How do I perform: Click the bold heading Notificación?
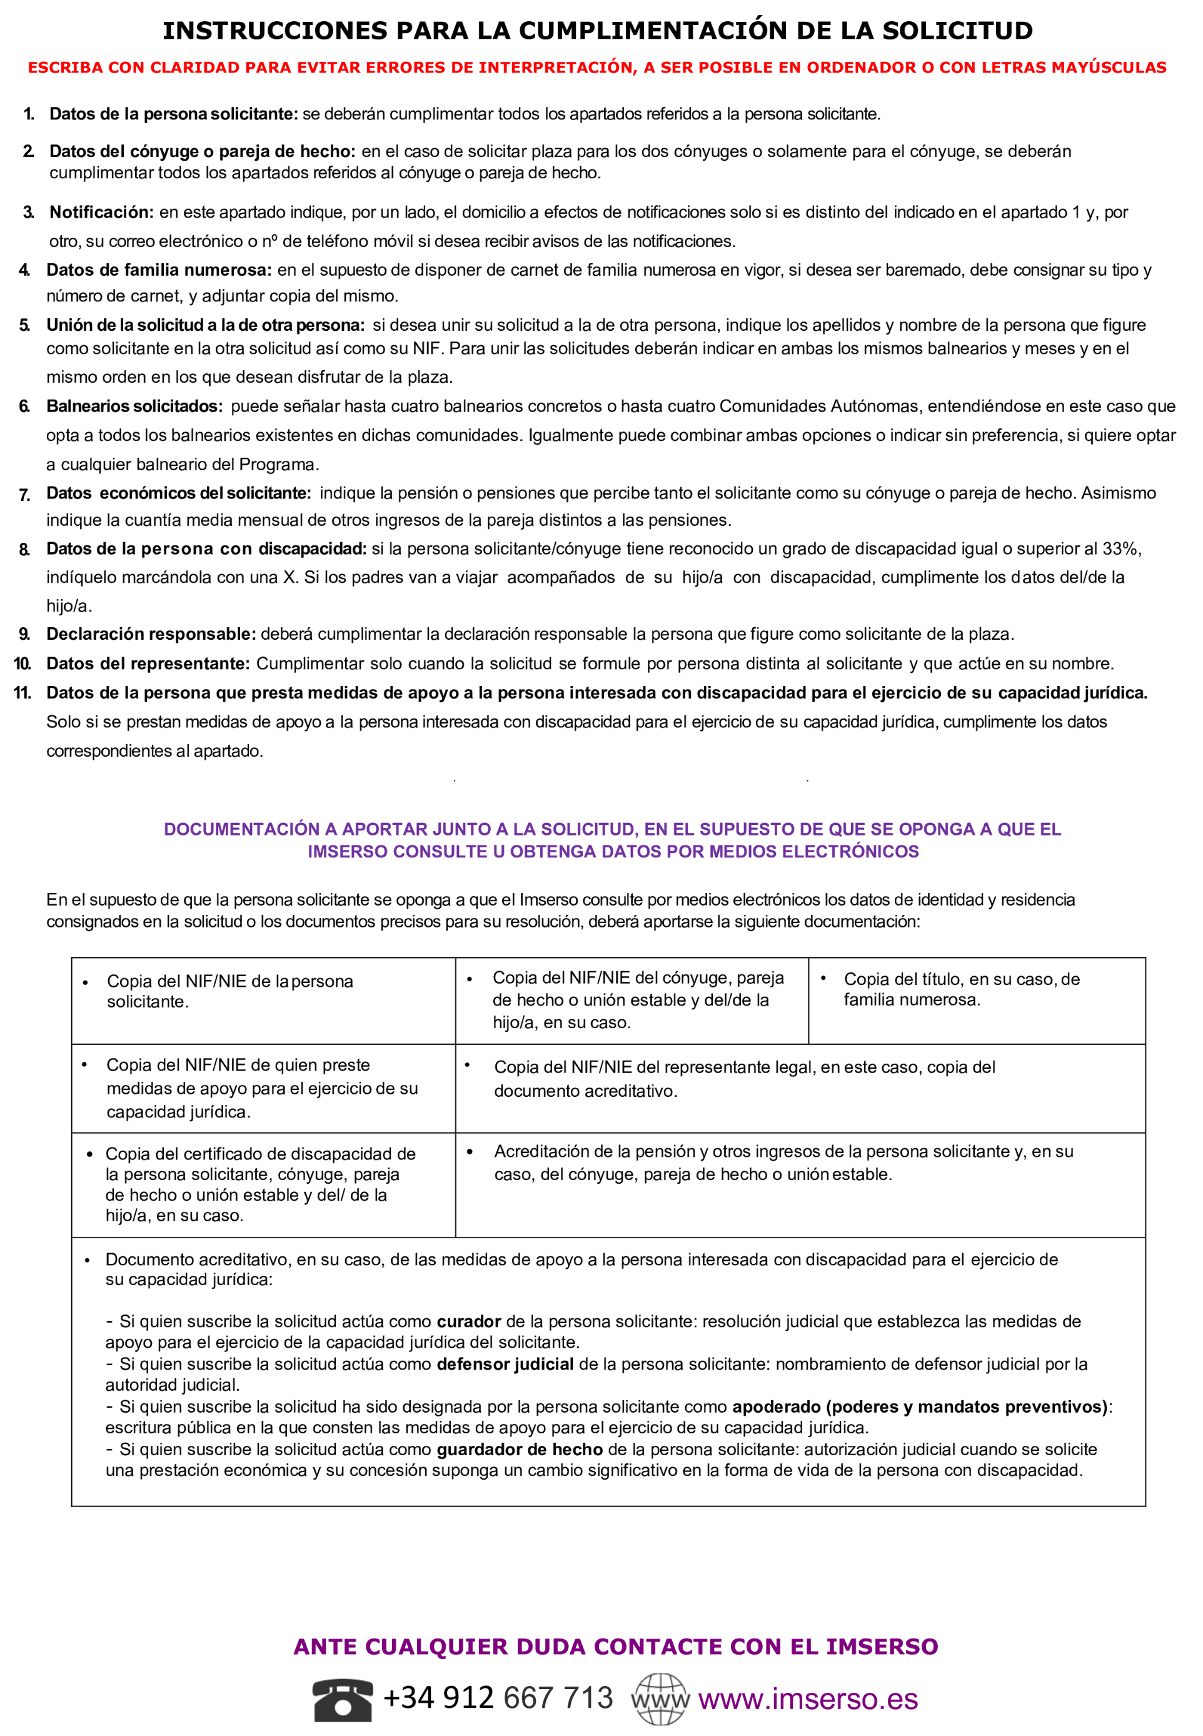(101, 212)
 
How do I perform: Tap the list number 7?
(24, 495)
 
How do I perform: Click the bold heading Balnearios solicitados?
(134, 406)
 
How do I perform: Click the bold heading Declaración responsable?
(151, 634)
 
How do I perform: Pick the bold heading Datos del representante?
(148, 664)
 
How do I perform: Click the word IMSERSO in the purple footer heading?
(881, 1647)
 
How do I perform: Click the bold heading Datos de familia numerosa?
(158, 270)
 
